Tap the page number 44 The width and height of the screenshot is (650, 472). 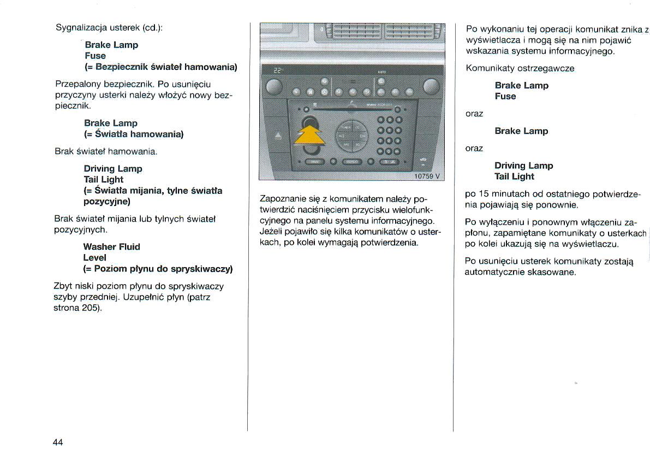(58, 442)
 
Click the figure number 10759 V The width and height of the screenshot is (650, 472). (427, 176)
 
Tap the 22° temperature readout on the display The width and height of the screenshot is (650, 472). (278, 70)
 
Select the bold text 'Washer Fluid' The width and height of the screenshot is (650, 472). (112, 247)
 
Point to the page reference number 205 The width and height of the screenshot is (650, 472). (91, 308)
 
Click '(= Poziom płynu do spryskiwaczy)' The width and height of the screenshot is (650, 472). (158, 269)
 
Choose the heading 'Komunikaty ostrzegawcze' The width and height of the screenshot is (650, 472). (520, 68)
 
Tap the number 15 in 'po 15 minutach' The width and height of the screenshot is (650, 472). (484, 194)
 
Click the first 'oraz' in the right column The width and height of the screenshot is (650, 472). (474, 114)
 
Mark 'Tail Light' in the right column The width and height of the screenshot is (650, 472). (514, 176)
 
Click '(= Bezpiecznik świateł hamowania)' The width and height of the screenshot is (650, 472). (161, 67)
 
